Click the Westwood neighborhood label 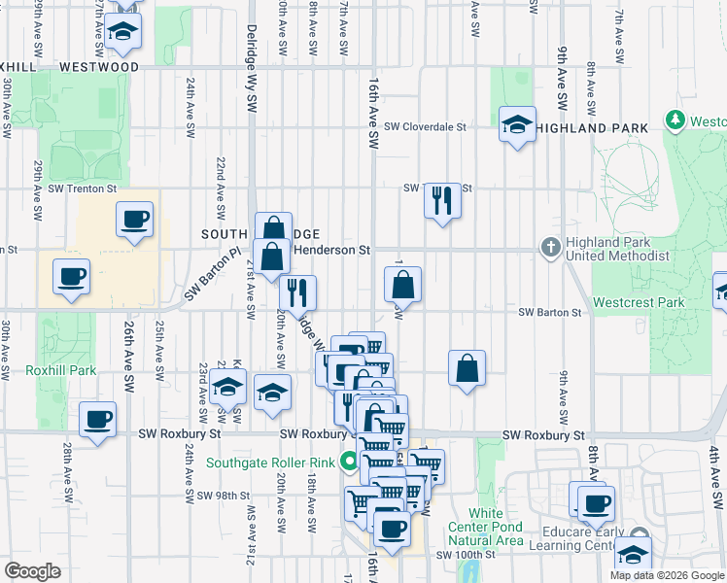tap(98, 67)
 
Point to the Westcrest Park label tap(639, 302)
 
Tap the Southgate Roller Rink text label tap(271, 463)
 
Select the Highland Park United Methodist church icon tap(550, 248)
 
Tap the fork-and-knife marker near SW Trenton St tap(442, 200)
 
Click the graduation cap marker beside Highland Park tap(517, 123)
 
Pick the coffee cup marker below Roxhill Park tap(97, 420)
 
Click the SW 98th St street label tap(224, 496)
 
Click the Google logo tap(32, 571)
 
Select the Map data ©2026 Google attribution tap(666, 575)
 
